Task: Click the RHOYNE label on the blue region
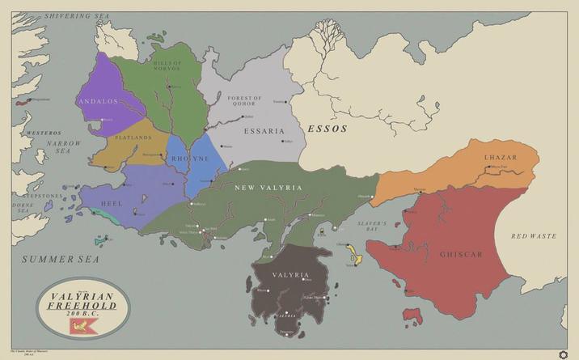click(191, 159)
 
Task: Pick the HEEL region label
click(112, 203)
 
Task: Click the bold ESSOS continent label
click(327, 129)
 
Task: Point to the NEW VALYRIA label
click(268, 188)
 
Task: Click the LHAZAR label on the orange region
click(500, 157)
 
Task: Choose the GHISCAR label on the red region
click(461, 255)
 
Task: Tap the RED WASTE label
click(534, 236)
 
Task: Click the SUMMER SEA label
click(60, 259)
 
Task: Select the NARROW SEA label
click(57, 147)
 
